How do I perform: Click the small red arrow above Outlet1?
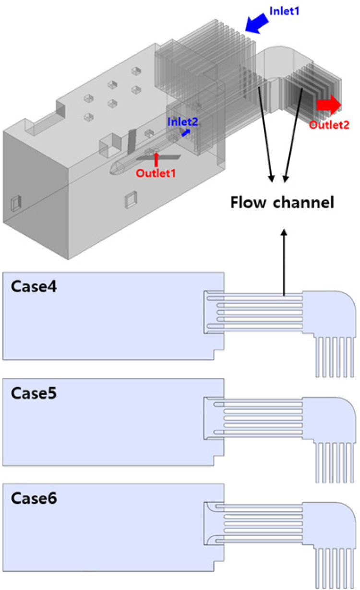(x=156, y=158)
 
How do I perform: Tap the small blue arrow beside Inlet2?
(x=185, y=132)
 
